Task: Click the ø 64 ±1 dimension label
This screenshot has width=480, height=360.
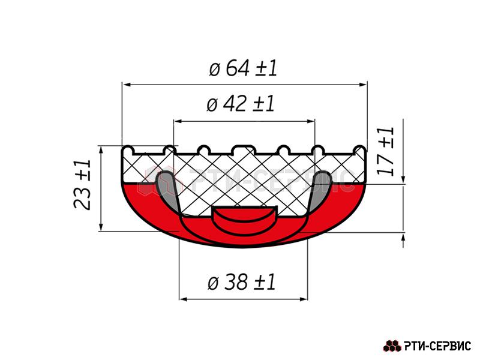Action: pos(243,68)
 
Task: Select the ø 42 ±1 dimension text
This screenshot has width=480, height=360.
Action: pos(241,104)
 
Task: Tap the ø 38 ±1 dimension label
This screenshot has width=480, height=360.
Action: pos(242,282)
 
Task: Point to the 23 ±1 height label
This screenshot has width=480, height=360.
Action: pos(82,184)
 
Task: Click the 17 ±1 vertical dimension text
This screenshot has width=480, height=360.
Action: pos(385,151)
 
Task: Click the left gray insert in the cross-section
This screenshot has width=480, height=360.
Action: pos(167,190)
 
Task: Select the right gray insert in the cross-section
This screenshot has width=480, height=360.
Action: pos(321,190)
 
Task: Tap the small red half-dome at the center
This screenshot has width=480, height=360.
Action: pos(244,220)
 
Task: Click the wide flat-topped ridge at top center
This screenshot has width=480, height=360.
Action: pos(243,149)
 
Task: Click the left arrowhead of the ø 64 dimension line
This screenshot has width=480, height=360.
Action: pos(127,84)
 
